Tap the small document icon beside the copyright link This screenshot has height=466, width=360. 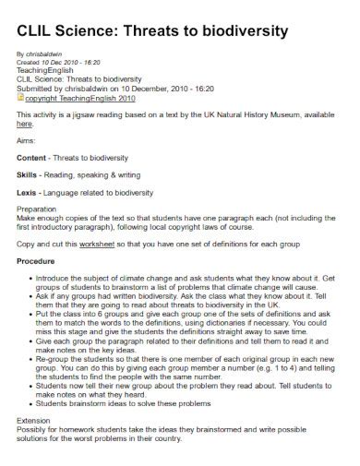tap(20, 95)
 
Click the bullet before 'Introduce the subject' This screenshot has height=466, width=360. tap(33, 279)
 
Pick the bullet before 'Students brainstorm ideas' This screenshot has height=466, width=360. tap(33, 402)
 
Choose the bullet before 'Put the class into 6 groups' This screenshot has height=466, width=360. tap(33, 315)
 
